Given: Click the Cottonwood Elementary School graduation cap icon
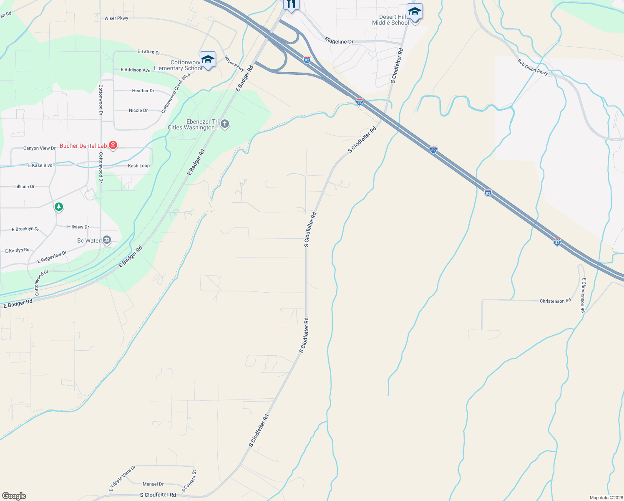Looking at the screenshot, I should (x=208, y=60).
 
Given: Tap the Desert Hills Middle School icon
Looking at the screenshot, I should (x=415, y=13).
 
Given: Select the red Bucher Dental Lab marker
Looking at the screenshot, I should (x=113, y=145).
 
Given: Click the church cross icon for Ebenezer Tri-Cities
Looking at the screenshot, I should (x=225, y=124).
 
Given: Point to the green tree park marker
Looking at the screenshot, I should (x=59, y=206).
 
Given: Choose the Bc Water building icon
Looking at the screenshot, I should (x=107, y=240).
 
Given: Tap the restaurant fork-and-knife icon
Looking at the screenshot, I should (x=291, y=5).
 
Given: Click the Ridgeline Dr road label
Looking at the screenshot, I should (x=339, y=41).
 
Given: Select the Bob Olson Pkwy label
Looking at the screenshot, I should (x=533, y=67).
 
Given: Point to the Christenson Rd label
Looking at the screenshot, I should (x=555, y=301).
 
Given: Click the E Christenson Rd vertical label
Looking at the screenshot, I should (x=583, y=295).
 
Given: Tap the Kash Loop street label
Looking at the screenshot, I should (x=139, y=166).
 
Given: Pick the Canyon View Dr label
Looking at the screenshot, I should (x=39, y=148).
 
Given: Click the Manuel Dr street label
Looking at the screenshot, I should (x=153, y=484).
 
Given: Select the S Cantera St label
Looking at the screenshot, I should (x=189, y=481).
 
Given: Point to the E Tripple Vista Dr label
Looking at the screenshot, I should (x=122, y=478).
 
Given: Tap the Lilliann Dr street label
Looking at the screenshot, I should (x=25, y=187).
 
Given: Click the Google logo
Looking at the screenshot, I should (x=14, y=496).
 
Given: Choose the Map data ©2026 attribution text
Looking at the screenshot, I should (x=606, y=498).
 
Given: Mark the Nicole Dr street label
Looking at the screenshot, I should (x=138, y=111).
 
